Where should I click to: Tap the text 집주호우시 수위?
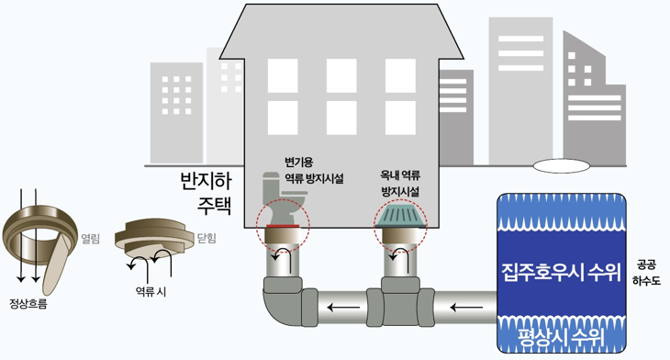561,272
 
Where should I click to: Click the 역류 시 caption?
150,292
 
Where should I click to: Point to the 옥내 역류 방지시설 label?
400,183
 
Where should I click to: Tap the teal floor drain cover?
400,216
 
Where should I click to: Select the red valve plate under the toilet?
283,223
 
